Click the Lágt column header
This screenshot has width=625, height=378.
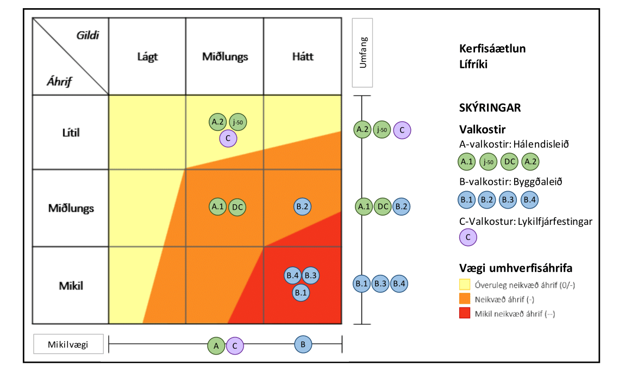pyautogui.click(x=147, y=56)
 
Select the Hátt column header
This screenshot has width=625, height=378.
pyautogui.click(x=302, y=56)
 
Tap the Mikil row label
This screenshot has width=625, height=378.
pyautogui.click(x=71, y=285)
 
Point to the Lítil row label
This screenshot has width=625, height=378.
pyautogui.click(x=71, y=133)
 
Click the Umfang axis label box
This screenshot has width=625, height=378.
pyautogui.click(x=362, y=53)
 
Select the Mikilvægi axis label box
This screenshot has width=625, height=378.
pyautogui.click(x=68, y=343)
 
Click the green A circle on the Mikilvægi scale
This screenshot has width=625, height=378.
pyautogui.click(x=216, y=345)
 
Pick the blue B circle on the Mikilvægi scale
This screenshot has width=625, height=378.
pyautogui.click(x=303, y=343)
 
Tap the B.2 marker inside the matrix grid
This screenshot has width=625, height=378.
pyautogui.click(x=302, y=206)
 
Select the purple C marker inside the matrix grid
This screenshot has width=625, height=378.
pyautogui.click(x=228, y=138)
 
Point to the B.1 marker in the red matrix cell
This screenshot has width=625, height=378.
pyautogui.click(x=301, y=292)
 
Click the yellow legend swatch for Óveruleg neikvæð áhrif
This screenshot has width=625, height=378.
pyautogui.click(x=465, y=284)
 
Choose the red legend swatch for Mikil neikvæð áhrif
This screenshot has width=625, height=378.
pyautogui.click(x=465, y=313)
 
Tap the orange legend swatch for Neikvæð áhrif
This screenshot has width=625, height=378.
pyautogui.click(x=465, y=299)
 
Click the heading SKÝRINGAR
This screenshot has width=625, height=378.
pyautogui.click(x=490, y=108)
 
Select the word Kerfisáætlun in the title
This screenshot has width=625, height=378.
pyautogui.click(x=492, y=48)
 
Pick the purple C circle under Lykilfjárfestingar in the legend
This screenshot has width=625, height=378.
pyautogui.click(x=468, y=237)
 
